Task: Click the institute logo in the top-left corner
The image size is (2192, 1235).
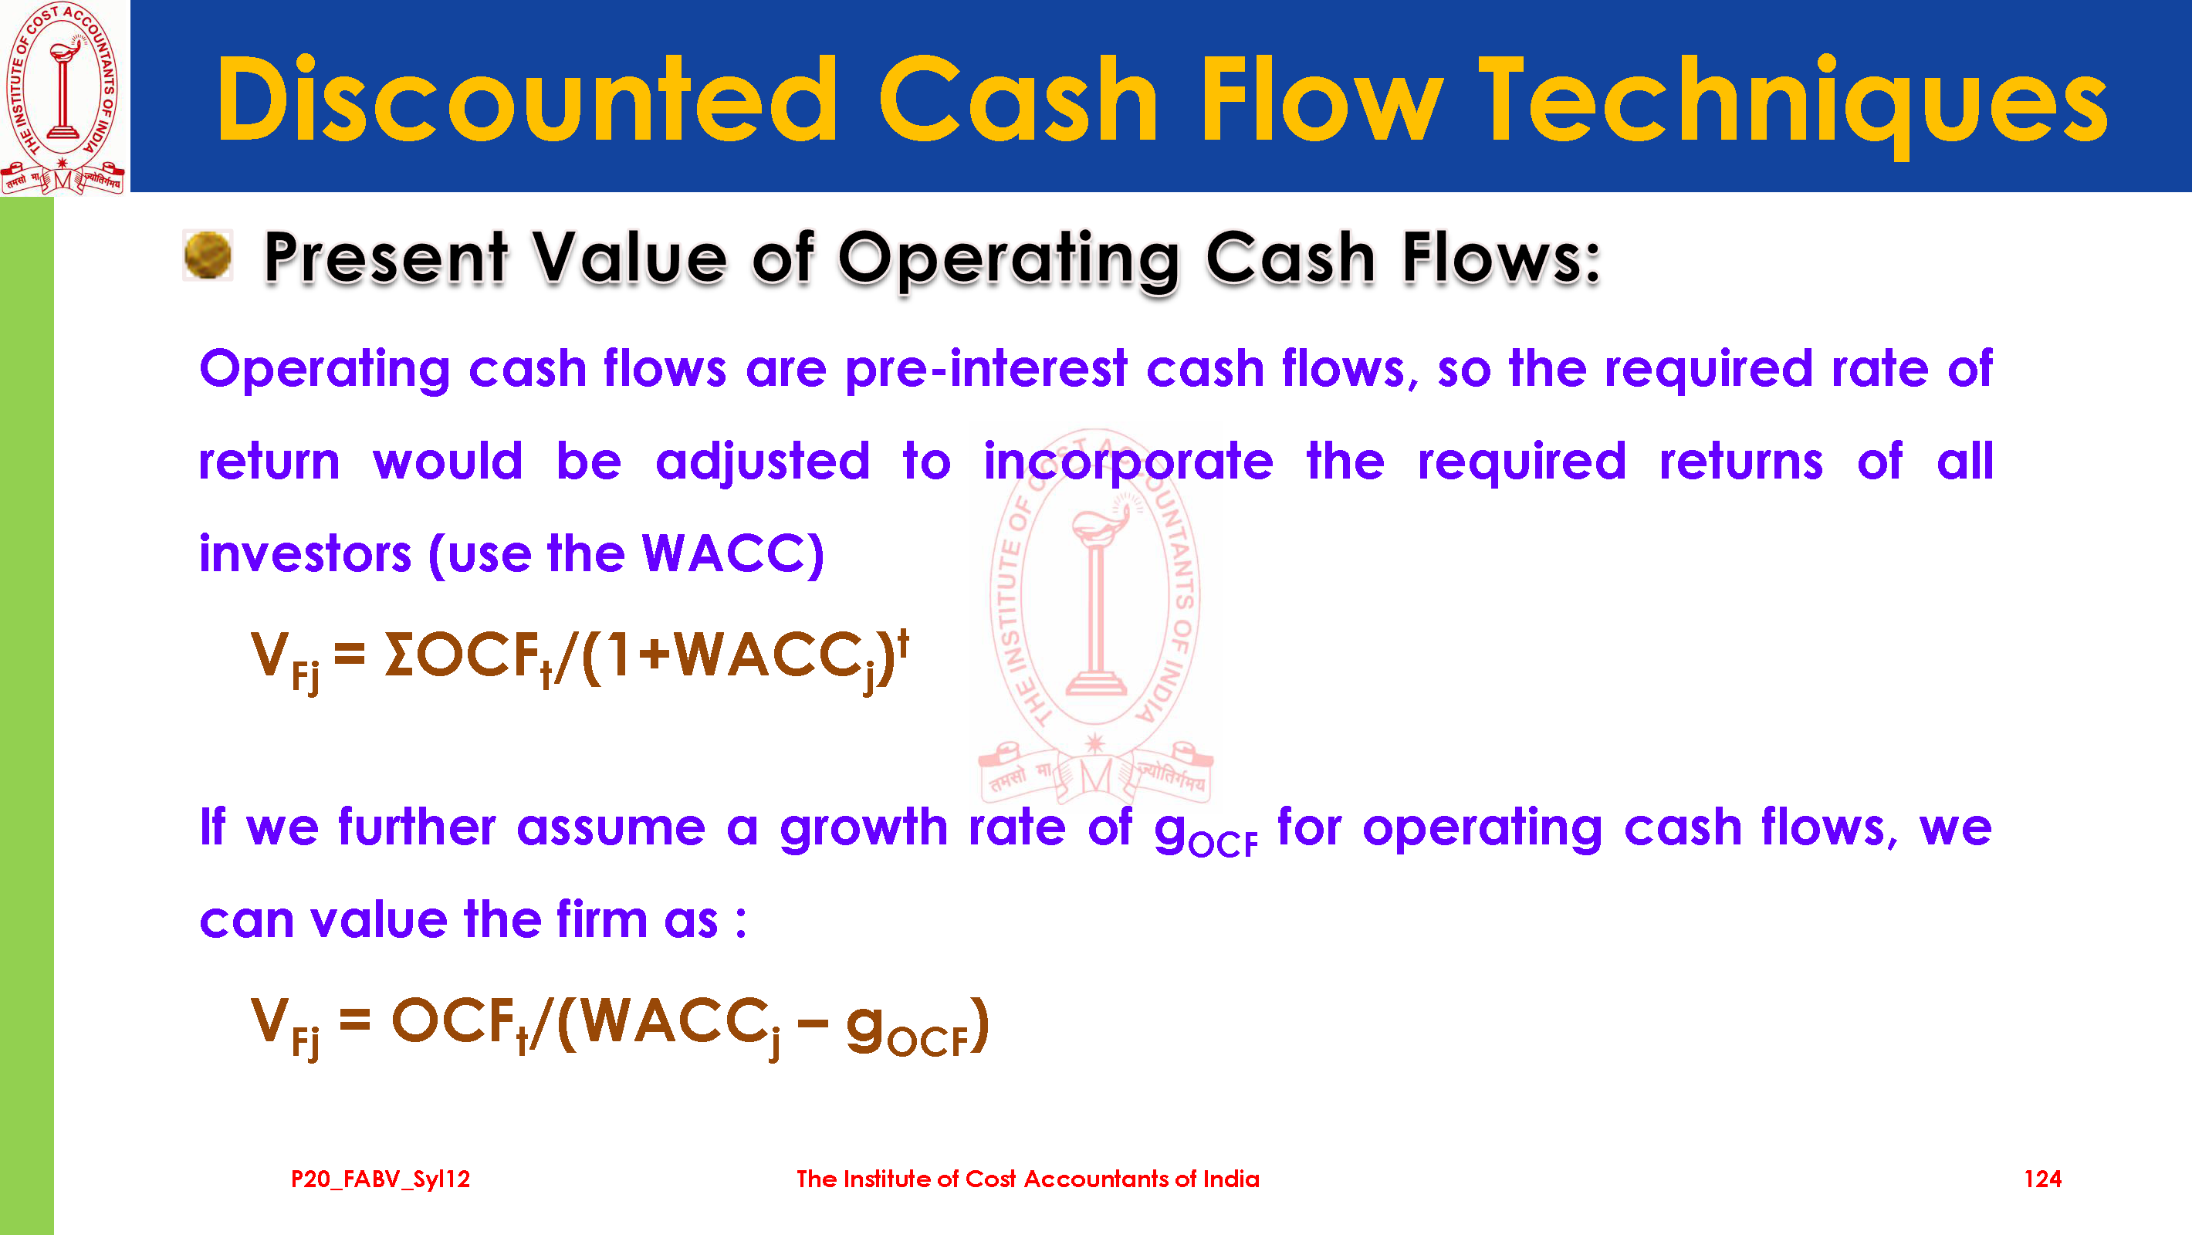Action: coord(64,97)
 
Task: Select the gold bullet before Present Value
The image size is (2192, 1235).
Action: coord(208,255)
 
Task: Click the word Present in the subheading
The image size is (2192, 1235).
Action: coord(387,257)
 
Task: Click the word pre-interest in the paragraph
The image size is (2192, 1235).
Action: coord(986,370)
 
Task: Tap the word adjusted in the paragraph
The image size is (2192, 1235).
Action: coord(763,463)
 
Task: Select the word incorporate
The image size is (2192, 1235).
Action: coord(1128,463)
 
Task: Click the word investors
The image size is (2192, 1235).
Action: coord(306,554)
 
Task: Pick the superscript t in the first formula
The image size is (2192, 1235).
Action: coord(903,644)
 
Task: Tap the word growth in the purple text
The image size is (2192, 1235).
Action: coord(863,828)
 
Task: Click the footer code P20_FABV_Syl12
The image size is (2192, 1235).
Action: coord(381,1179)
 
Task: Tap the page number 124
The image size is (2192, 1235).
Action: coord(2042,1179)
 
